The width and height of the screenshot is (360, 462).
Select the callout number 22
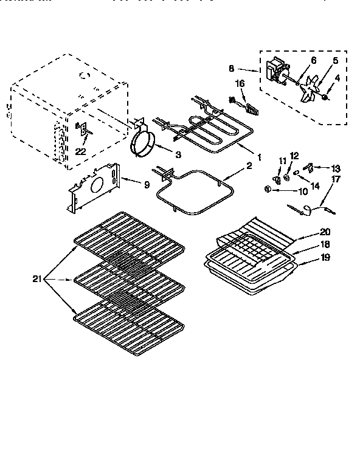[79, 151]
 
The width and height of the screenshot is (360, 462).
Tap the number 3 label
[178, 155]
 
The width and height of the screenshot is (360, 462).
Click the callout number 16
[240, 83]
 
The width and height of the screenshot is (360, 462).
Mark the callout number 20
[325, 232]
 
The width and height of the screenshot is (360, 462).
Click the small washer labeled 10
[268, 190]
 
